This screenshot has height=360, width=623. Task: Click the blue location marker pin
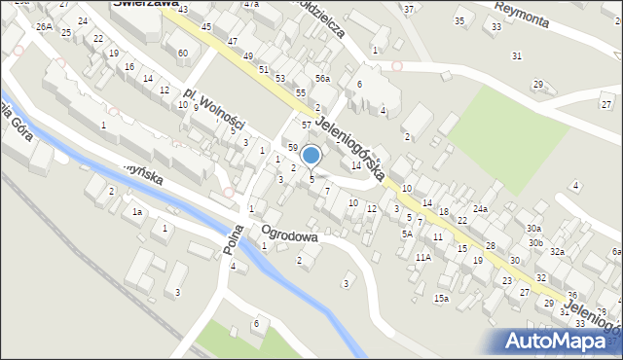pos(311,156)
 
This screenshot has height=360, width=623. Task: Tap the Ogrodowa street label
pos(288,234)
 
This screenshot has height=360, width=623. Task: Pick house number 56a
pos(322,79)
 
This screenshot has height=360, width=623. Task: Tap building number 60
pos(183,53)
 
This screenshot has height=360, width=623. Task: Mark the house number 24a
pos(481,209)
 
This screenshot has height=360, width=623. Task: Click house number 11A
pos(423,258)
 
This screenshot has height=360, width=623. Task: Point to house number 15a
pos(442,299)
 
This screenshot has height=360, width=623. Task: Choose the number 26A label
pos(44,27)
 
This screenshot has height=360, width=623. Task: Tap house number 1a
pos(137,212)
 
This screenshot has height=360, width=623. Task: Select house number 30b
pos(535,242)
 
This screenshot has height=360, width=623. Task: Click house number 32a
pos(557,252)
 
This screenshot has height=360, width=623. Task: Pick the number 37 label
pos(409,10)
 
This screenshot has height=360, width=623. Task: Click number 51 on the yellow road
pos(264,70)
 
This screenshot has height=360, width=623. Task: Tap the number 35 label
pos(459,21)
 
